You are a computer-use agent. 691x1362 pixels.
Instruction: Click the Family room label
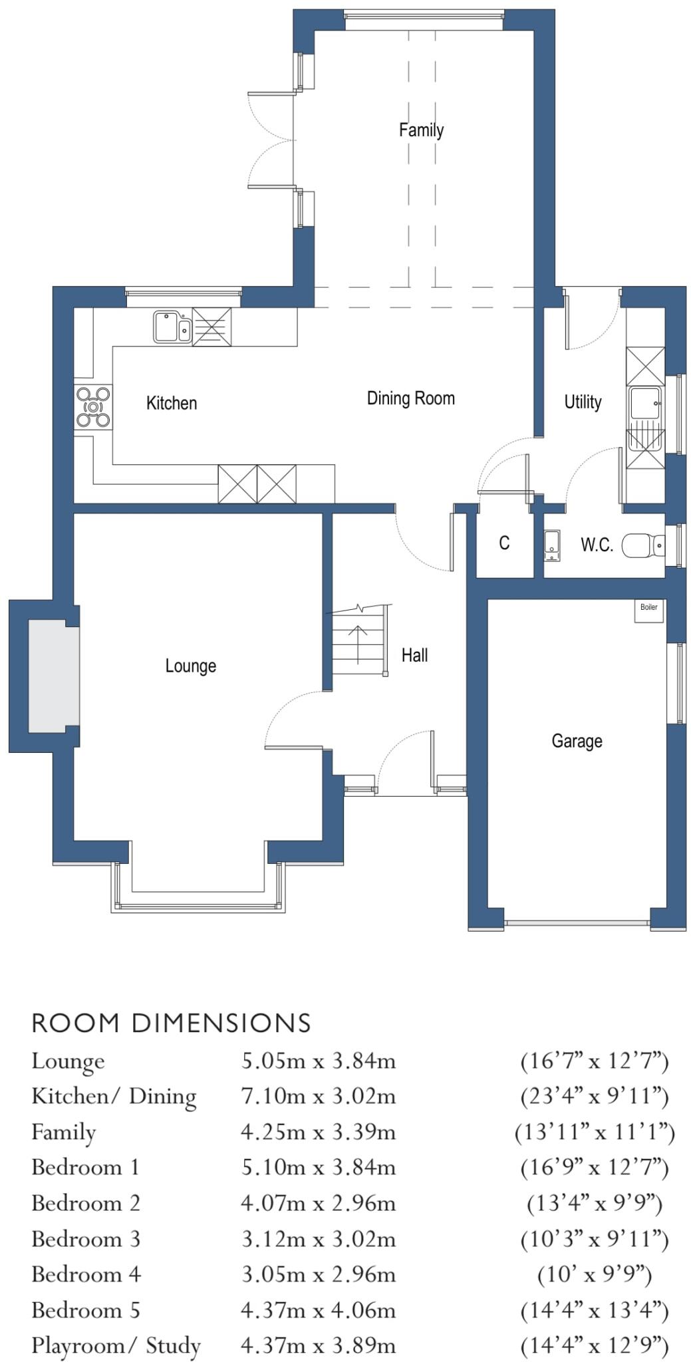(421, 130)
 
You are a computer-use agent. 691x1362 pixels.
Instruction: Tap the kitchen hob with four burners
(93, 406)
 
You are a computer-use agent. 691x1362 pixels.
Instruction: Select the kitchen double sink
(172, 327)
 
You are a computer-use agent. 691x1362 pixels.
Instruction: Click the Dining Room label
(410, 398)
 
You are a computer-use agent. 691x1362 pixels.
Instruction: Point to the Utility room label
(583, 402)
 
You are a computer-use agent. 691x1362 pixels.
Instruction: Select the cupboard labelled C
(504, 543)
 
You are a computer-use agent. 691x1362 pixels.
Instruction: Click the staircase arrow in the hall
(358, 644)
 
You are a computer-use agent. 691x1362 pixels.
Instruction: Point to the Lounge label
(191, 666)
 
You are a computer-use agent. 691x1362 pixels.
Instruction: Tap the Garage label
(577, 741)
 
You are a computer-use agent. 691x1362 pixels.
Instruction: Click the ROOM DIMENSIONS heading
(171, 1023)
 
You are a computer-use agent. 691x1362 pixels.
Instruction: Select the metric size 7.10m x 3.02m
(318, 1096)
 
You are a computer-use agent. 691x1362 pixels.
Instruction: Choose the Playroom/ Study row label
(116, 1345)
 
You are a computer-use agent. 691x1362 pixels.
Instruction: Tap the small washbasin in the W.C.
(552, 542)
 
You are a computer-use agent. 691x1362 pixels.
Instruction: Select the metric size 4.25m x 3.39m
(318, 1132)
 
